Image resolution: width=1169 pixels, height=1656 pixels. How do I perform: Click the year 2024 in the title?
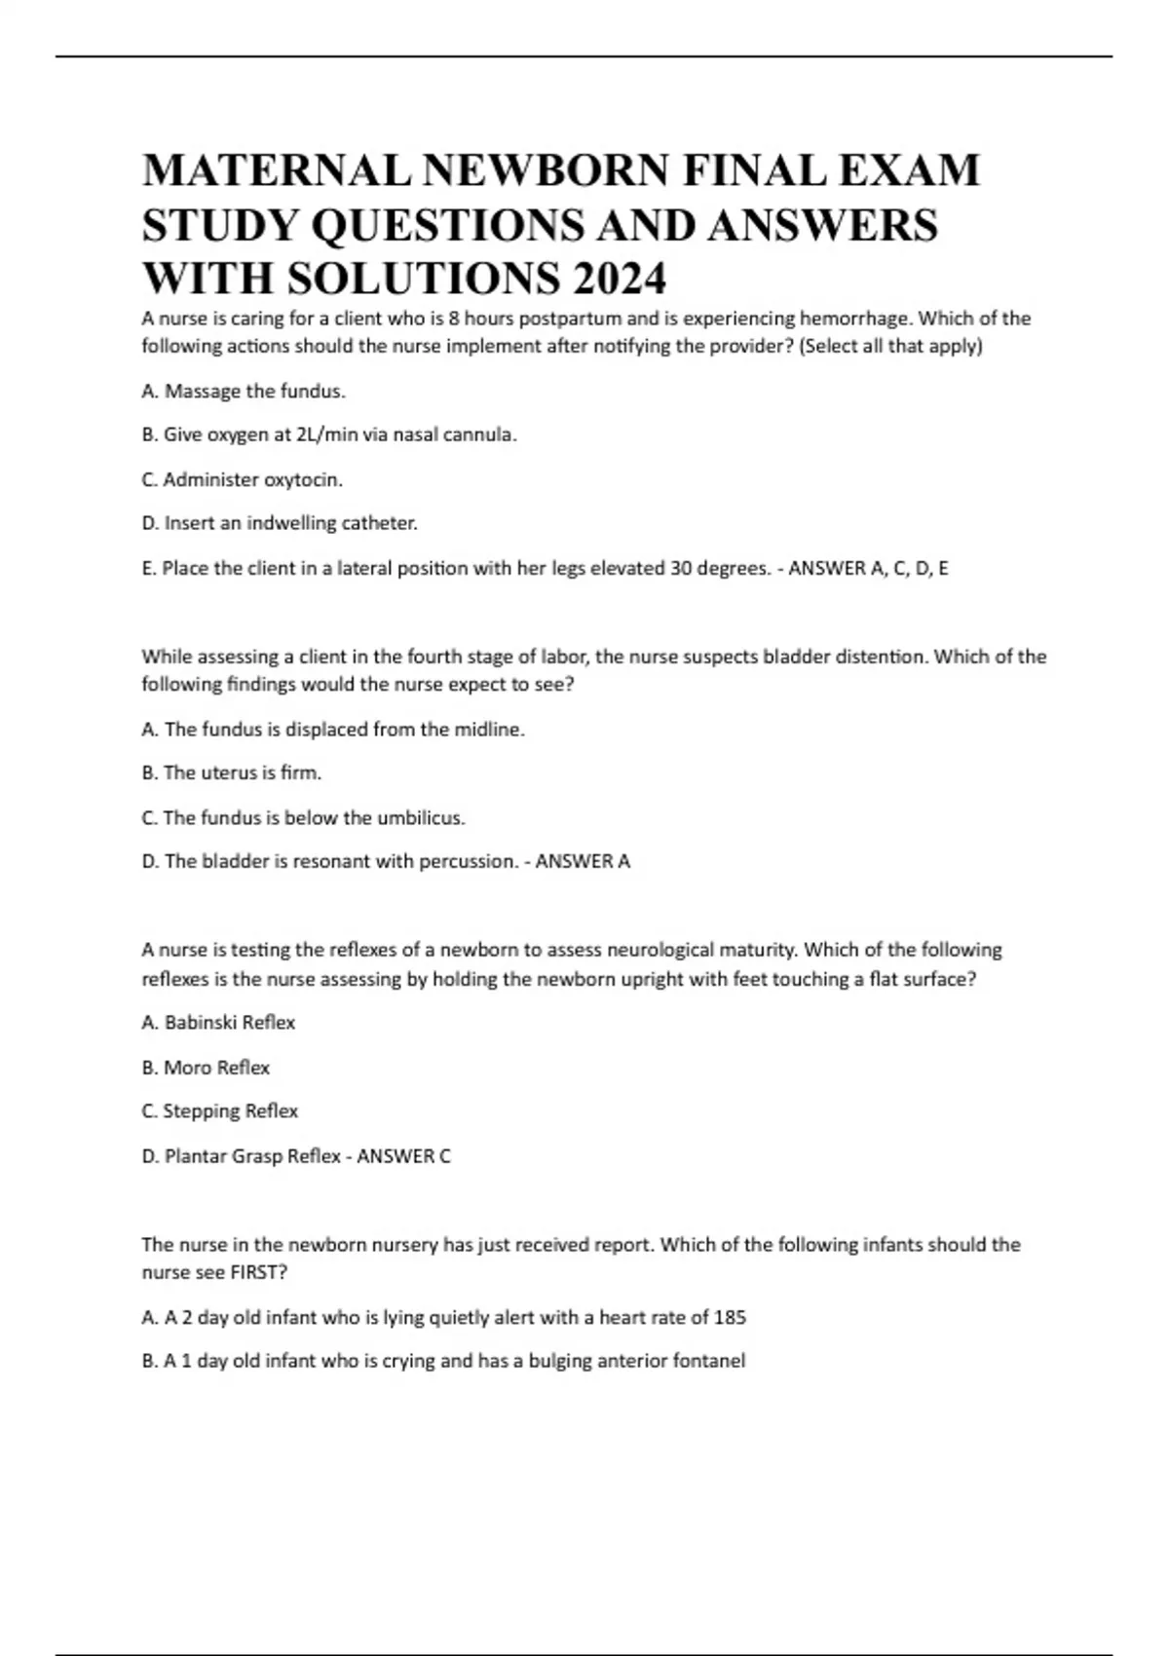click(x=620, y=280)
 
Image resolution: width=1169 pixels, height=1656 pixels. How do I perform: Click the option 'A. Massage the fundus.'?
click(x=244, y=392)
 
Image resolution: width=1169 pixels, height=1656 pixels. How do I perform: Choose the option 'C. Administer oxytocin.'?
click(x=243, y=480)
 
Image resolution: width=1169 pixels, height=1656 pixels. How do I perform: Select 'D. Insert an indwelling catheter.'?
click(x=280, y=523)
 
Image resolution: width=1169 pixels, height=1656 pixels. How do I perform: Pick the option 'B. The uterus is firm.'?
click(x=232, y=772)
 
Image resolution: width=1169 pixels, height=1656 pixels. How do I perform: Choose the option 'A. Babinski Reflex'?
click(x=218, y=1023)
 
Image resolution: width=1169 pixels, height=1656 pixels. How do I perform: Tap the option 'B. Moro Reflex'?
click(x=206, y=1068)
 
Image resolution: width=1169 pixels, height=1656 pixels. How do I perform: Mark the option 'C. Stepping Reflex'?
click(x=220, y=1111)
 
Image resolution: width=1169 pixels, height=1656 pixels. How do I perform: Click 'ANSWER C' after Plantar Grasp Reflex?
click(x=404, y=1156)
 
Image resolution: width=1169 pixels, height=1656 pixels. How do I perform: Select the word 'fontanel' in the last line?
click(x=708, y=1361)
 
